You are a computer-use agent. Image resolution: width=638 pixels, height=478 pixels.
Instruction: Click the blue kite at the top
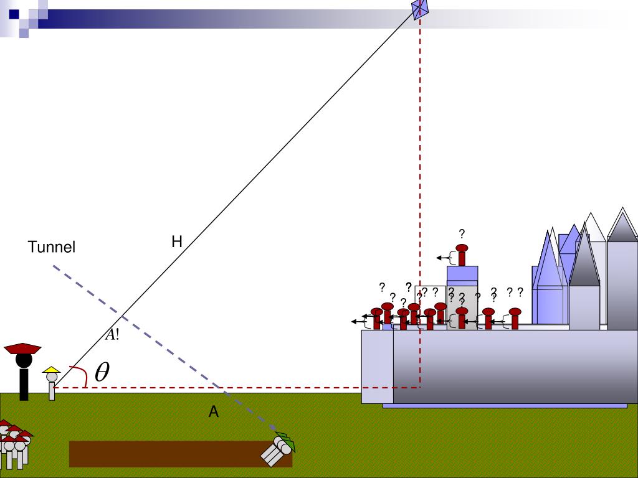point(421,9)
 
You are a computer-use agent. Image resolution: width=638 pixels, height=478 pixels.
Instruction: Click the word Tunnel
point(52,247)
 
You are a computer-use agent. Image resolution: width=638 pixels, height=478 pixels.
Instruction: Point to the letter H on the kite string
point(177,241)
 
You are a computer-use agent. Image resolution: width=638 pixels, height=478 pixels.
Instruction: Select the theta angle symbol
point(102,372)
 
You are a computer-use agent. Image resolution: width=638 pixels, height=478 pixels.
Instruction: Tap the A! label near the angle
point(112,334)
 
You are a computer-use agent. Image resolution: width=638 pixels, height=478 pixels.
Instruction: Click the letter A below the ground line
point(214,411)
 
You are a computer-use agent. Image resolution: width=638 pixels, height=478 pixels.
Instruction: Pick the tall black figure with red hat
point(24,370)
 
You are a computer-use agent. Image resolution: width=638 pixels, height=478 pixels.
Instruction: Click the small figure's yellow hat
point(51,369)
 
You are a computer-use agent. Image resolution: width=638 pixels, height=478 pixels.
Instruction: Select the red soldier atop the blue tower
point(462,255)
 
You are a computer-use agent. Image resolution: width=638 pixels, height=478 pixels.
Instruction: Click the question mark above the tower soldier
point(462,234)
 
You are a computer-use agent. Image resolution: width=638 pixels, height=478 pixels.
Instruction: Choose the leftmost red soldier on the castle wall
point(376,318)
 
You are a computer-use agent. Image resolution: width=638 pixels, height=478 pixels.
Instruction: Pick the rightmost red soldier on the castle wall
point(515,317)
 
